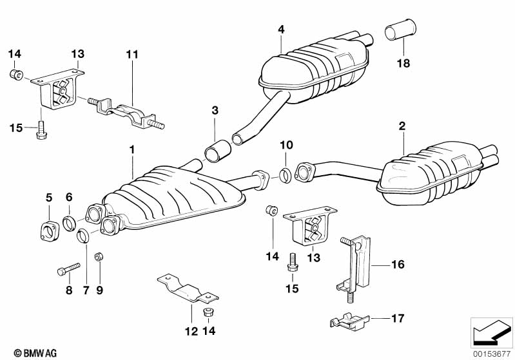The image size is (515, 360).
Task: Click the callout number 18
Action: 403,64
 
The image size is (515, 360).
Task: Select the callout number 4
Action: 281,28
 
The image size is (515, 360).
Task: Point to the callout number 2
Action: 402,127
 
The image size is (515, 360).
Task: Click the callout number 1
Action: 131,149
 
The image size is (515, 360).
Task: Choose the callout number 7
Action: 84,290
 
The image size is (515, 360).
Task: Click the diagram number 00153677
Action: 492,352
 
